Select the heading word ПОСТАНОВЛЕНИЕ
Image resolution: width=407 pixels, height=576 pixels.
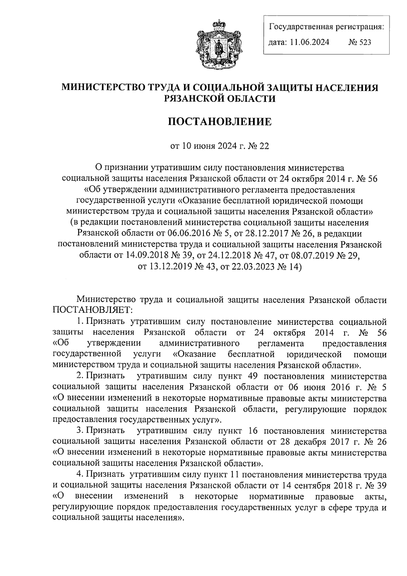pyautogui.click(x=220, y=122)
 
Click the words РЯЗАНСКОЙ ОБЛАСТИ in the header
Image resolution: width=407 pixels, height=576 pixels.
pyautogui.click(x=220, y=98)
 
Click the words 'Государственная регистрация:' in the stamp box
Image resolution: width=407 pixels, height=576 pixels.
pyautogui.click(x=327, y=26)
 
